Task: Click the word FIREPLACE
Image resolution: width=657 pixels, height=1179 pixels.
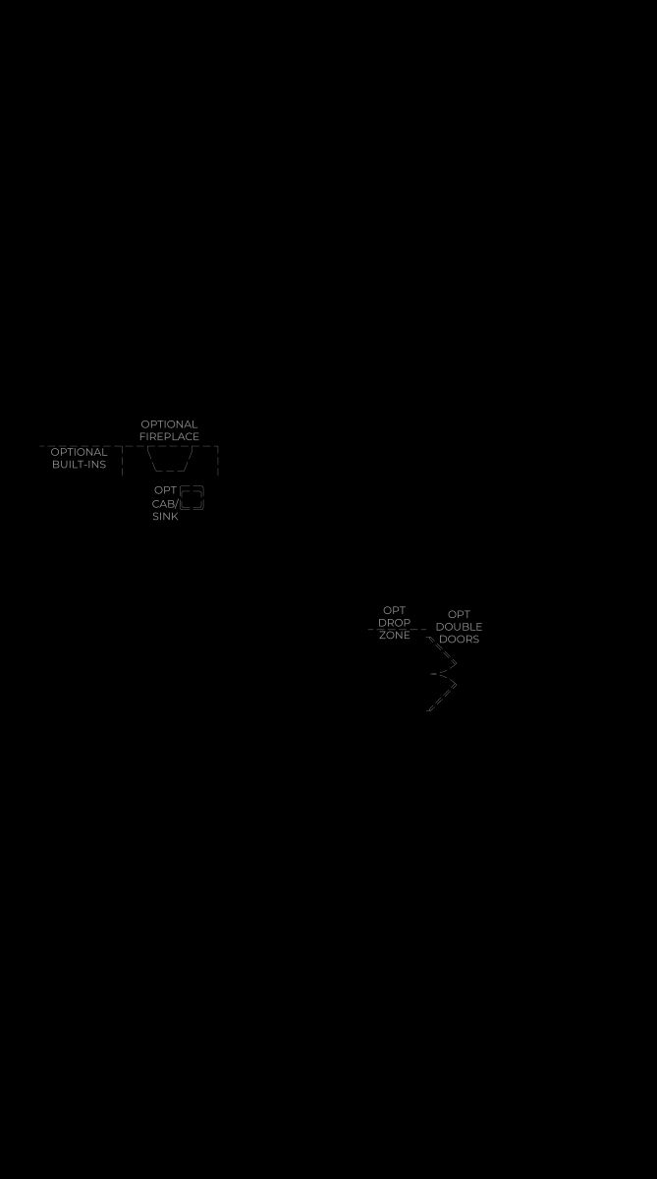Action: tap(169, 437)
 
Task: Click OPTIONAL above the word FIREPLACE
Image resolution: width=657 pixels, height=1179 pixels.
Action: tap(169, 424)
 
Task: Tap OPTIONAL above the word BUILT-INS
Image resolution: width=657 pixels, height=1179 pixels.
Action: tap(79, 452)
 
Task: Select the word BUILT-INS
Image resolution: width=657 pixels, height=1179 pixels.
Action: tap(79, 464)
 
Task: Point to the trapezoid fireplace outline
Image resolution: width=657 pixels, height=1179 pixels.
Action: tap(169, 471)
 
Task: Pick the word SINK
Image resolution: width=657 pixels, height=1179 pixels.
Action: tap(165, 517)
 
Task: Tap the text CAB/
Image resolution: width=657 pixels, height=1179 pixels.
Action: tap(165, 504)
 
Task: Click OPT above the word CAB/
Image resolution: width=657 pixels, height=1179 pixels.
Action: tap(165, 490)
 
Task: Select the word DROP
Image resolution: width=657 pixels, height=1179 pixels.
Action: tap(394, 623)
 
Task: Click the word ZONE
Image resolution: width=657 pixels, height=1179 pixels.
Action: tap(395, 636)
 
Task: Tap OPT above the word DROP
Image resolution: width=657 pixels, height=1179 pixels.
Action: tap(394, 610)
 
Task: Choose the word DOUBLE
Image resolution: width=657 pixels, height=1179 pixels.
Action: tap(459, 627)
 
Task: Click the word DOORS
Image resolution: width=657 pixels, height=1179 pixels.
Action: tap(460, 639)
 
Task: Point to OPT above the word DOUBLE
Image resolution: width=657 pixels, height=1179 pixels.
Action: tap(459, 614)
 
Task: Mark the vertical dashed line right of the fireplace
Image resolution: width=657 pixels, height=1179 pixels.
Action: tap(218, 461)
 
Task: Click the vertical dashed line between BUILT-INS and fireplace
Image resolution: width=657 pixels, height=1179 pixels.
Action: tap(123, 461)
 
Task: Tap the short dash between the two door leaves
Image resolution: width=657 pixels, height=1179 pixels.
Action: tap(433, 674)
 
